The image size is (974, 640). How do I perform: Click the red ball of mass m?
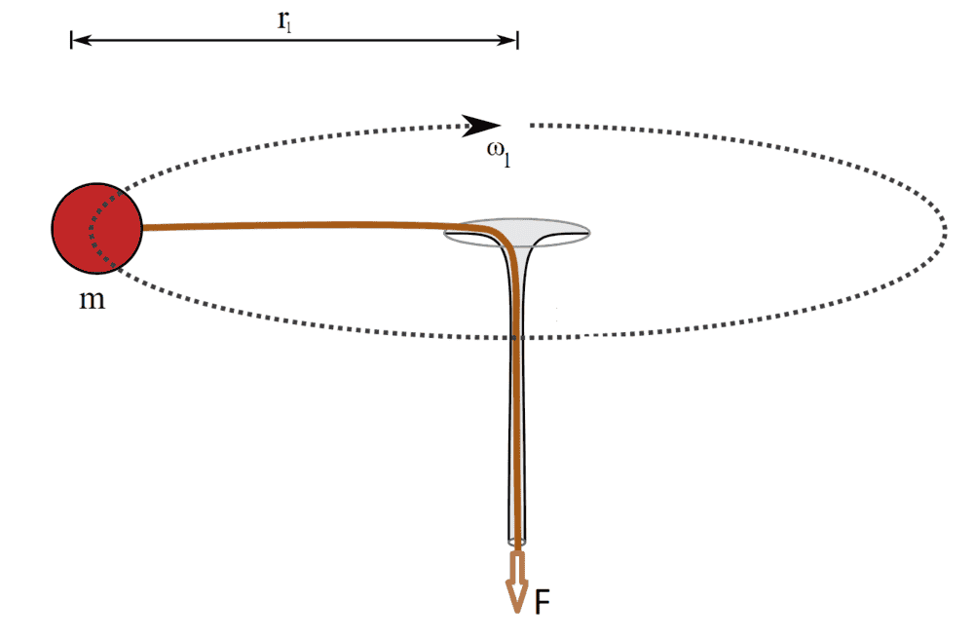(96, 228)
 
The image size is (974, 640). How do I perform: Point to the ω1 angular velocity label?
(498, 158)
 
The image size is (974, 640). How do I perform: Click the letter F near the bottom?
(543, 602)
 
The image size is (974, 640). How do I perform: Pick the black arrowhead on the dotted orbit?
(481, 126)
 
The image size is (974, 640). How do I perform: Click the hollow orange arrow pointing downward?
(516, 581)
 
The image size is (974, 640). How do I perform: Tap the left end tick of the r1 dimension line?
(71, 40)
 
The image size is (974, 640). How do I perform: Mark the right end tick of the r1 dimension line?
(517, 40)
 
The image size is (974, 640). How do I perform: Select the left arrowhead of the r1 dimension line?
(80, 40)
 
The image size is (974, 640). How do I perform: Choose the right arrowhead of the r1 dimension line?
(508, 40)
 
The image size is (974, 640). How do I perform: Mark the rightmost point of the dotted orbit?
(945, 230)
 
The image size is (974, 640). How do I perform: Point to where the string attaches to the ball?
(143, 228)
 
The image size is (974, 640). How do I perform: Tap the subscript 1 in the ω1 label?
(507, 163)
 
